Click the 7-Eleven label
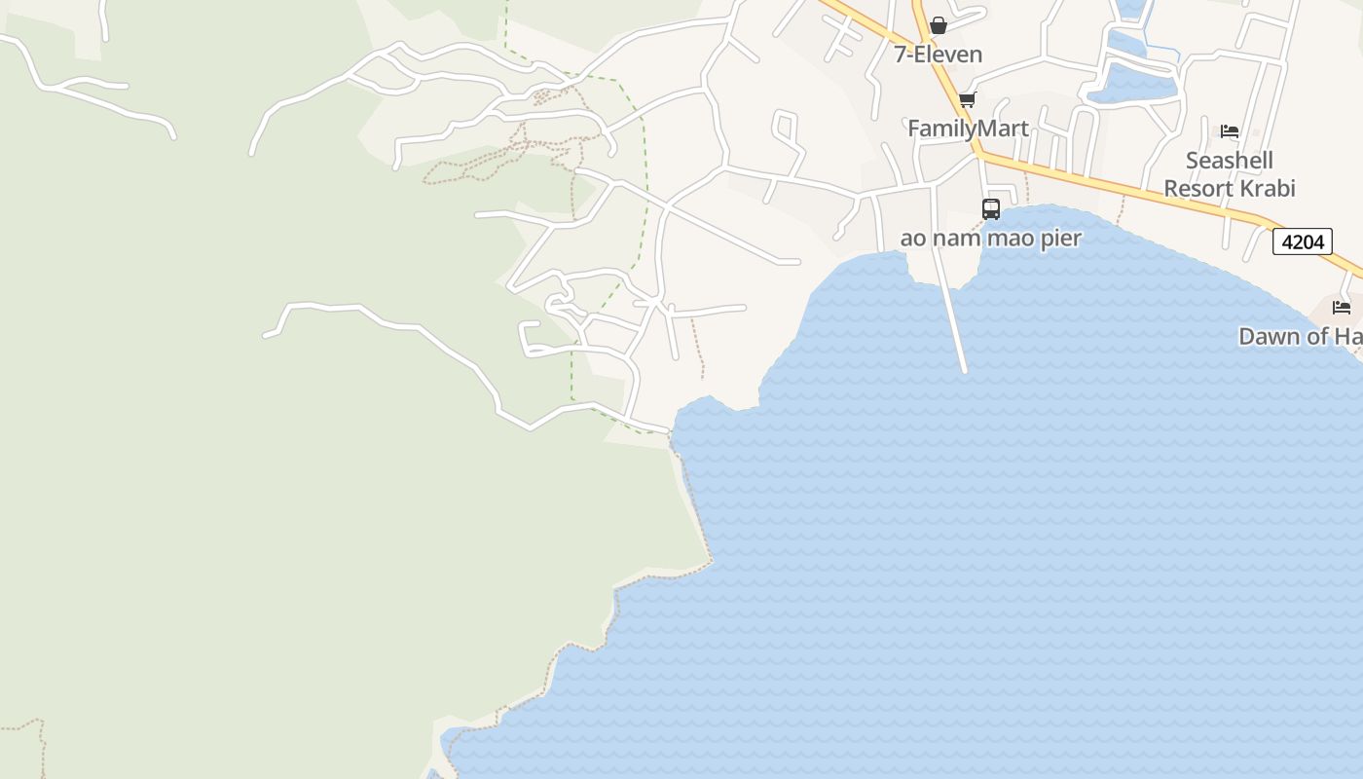pyautogui.click(x=939, y=55)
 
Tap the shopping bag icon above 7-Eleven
pyautogui.click(x=939, y=25)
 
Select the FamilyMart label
pyautogui.click(x=968, y=129)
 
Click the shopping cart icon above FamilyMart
pyautogui.click(x=967, y=100)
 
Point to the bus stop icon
pyautogui.click(x=991, y=208)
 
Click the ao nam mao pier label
pyautogui.click(x=990, y=239)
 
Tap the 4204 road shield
pyautogui.click(x=1302, y=241)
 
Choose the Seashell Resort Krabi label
pyautogui.click(x=1230, y=174)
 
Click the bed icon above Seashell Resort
pyautogui.click(x=1230, y=131)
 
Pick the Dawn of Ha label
pyautogui.click(x=1300, y=337)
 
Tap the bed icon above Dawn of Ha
pyautogui.click(x=1342, y=308)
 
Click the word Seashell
pyautogui.click(x=1230, y=161)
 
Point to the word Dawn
pyautogui.click(x=1269, y=337)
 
